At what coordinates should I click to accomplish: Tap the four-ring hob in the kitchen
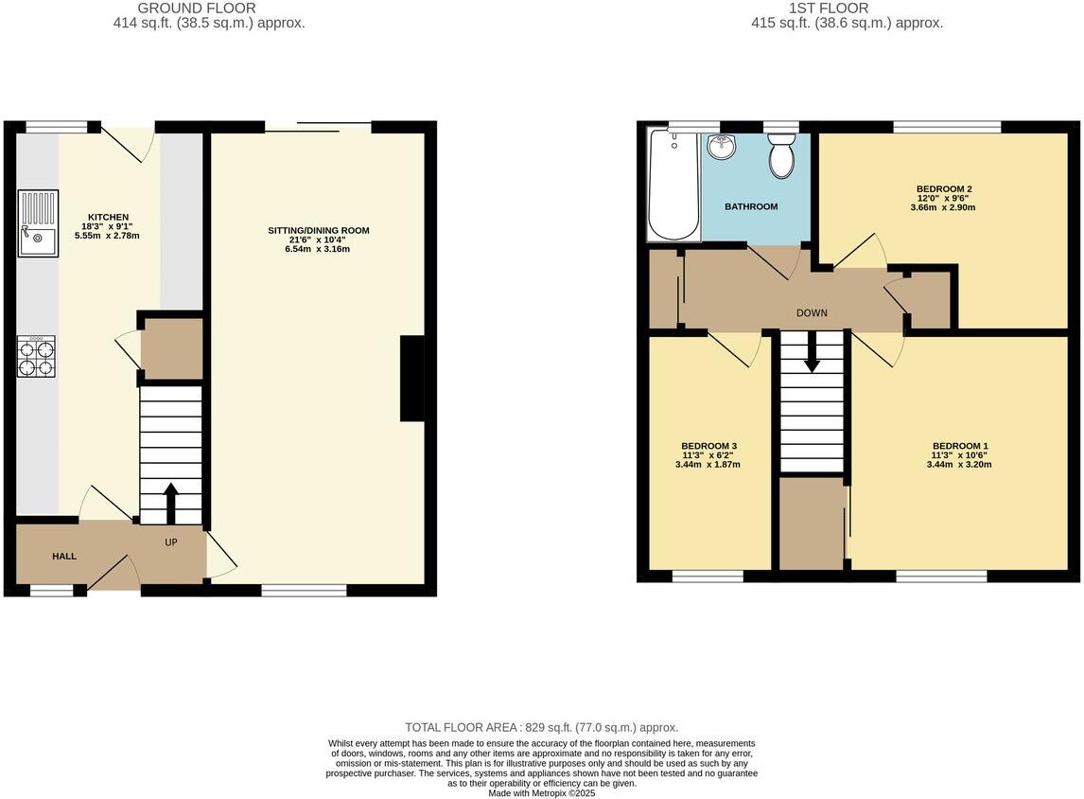click(36, 357)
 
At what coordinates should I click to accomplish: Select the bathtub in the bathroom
click(673, 186)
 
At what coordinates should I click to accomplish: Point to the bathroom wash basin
click(722, 147)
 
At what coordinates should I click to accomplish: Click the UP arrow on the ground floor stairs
click(171, 503)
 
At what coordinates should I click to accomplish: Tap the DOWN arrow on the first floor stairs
click(812, 354)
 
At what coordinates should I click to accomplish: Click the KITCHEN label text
click(108, 217)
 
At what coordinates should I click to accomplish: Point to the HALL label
click(64, 556)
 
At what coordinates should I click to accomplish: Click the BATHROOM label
click(751, 206)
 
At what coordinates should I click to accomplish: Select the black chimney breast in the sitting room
click(412, 378)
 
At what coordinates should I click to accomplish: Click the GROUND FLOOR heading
click(197, 9)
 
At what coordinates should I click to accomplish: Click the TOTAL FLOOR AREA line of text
click(541, 727)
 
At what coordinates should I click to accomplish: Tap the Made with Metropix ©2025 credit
click(541, 793)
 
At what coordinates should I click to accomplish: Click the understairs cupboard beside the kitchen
click(171, 348)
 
